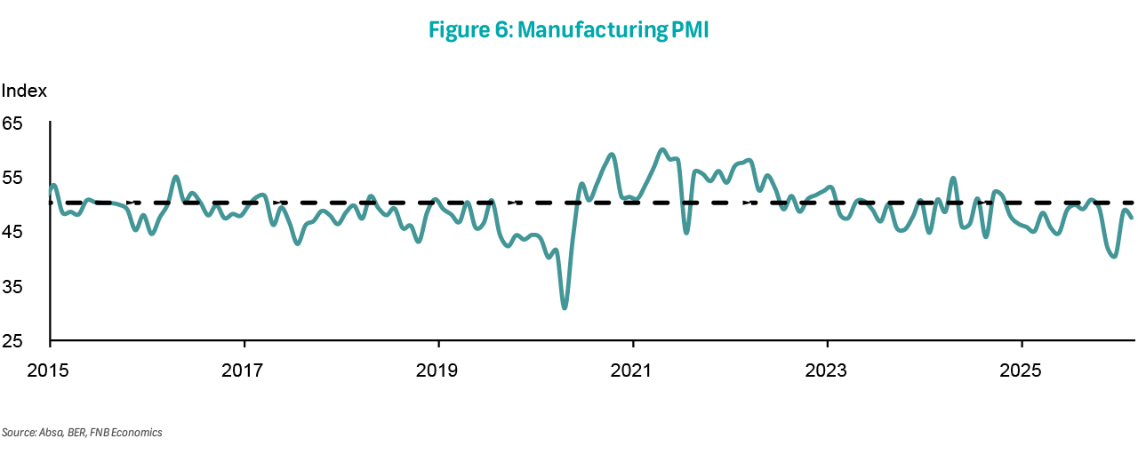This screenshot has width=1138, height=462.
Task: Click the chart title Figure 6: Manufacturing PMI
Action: [x=568, y=30]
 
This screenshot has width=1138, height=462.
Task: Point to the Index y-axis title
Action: [x=24, y=91]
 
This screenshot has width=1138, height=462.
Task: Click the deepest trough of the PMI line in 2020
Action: [x=565, y=307]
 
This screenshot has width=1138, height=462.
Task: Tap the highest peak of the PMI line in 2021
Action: [x=662, y=149]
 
